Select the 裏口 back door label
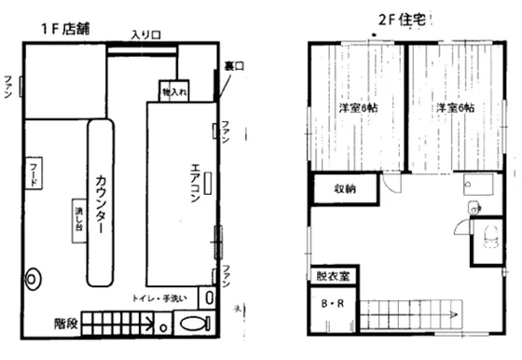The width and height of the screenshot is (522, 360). click(233, 65)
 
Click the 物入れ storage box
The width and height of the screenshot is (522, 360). click(173, 92)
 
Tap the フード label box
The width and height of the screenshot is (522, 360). click(34, 174)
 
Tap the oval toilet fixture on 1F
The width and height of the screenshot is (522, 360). click(194, 325)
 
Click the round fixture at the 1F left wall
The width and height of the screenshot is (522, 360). click(35, 277)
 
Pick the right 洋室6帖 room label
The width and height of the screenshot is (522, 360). click(456, 108)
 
